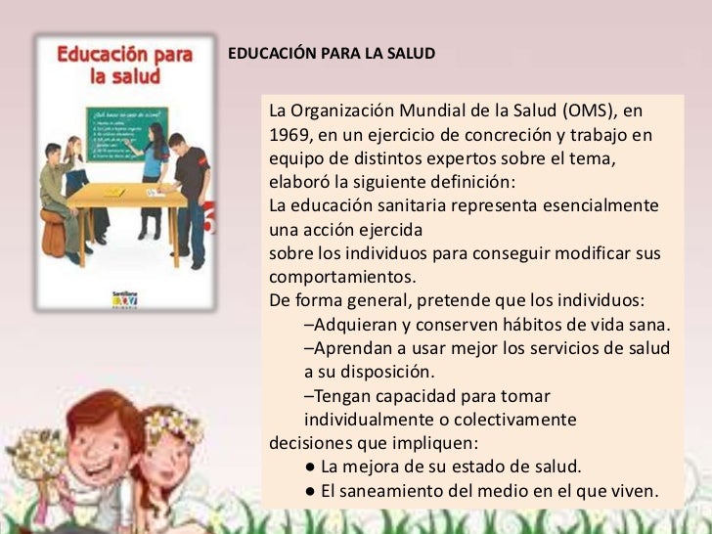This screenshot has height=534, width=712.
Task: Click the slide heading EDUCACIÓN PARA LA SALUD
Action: (331, 52)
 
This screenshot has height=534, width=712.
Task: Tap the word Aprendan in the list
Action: (350, 348)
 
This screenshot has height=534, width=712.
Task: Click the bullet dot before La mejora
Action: (310, 467)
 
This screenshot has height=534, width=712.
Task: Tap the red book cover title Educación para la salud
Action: (124, 66)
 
